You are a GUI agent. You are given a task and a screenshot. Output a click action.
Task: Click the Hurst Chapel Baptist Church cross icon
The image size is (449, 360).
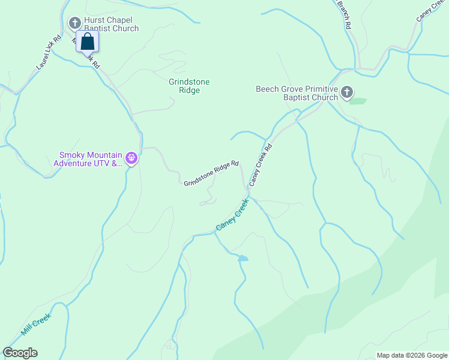[75, 23]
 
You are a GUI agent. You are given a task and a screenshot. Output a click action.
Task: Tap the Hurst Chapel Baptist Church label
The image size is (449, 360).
[111, 24]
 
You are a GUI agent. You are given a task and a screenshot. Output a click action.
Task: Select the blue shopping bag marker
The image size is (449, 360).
[87, 42]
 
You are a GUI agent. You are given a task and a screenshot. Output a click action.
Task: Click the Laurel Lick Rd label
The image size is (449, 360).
[49, 52]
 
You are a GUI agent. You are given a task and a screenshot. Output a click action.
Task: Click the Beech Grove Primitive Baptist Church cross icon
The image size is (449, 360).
[346, 92]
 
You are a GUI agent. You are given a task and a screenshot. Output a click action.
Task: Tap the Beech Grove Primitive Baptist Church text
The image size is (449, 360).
[297, 93]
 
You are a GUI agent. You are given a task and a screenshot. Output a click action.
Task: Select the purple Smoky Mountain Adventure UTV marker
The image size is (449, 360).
[131, 158]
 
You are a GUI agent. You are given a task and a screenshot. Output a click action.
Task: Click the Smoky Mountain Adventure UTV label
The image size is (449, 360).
[88, 158]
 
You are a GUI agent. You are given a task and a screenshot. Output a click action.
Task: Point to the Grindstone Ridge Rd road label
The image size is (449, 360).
[211, 173]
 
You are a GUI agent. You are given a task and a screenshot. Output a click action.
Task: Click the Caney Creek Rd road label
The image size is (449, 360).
[261, 164]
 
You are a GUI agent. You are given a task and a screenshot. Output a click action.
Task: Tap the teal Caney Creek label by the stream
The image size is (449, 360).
[232, 215]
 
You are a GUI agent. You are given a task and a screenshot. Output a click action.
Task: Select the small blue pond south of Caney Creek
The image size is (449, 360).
[243, 258]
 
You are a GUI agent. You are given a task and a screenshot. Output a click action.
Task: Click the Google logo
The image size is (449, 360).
[20, 353]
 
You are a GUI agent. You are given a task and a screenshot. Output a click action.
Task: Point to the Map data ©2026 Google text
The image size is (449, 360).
[411, 355]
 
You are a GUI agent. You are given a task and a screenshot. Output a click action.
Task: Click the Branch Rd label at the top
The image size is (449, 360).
[343, 16]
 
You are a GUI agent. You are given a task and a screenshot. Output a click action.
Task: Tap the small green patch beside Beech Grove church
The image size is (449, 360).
[358, 101]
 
